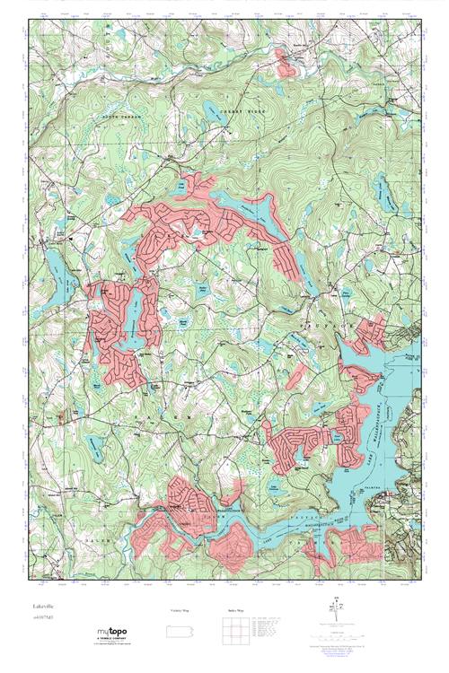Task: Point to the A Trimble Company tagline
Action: pyautogui.click(x=114, y=640)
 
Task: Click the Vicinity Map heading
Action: pyautogui.click(x=180, y=610)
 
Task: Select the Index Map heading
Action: pyautogui.click(x=236, y=610)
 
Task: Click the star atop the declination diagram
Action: pyautogui.click(x=338, y=599)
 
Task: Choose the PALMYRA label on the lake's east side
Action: pyautogui.click(x=401, y=462)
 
